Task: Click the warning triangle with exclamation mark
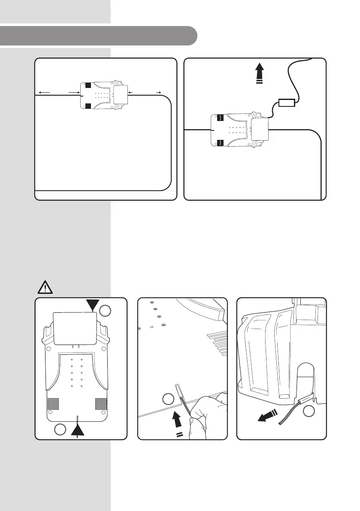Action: click(x=44, y=286)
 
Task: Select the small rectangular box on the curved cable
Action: click(x=286, y=103)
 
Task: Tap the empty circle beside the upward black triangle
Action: click(x=61, y=429)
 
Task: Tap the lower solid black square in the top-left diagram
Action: click(x=88, y=106)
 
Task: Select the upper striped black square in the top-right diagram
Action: click(x=221, y=117)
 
